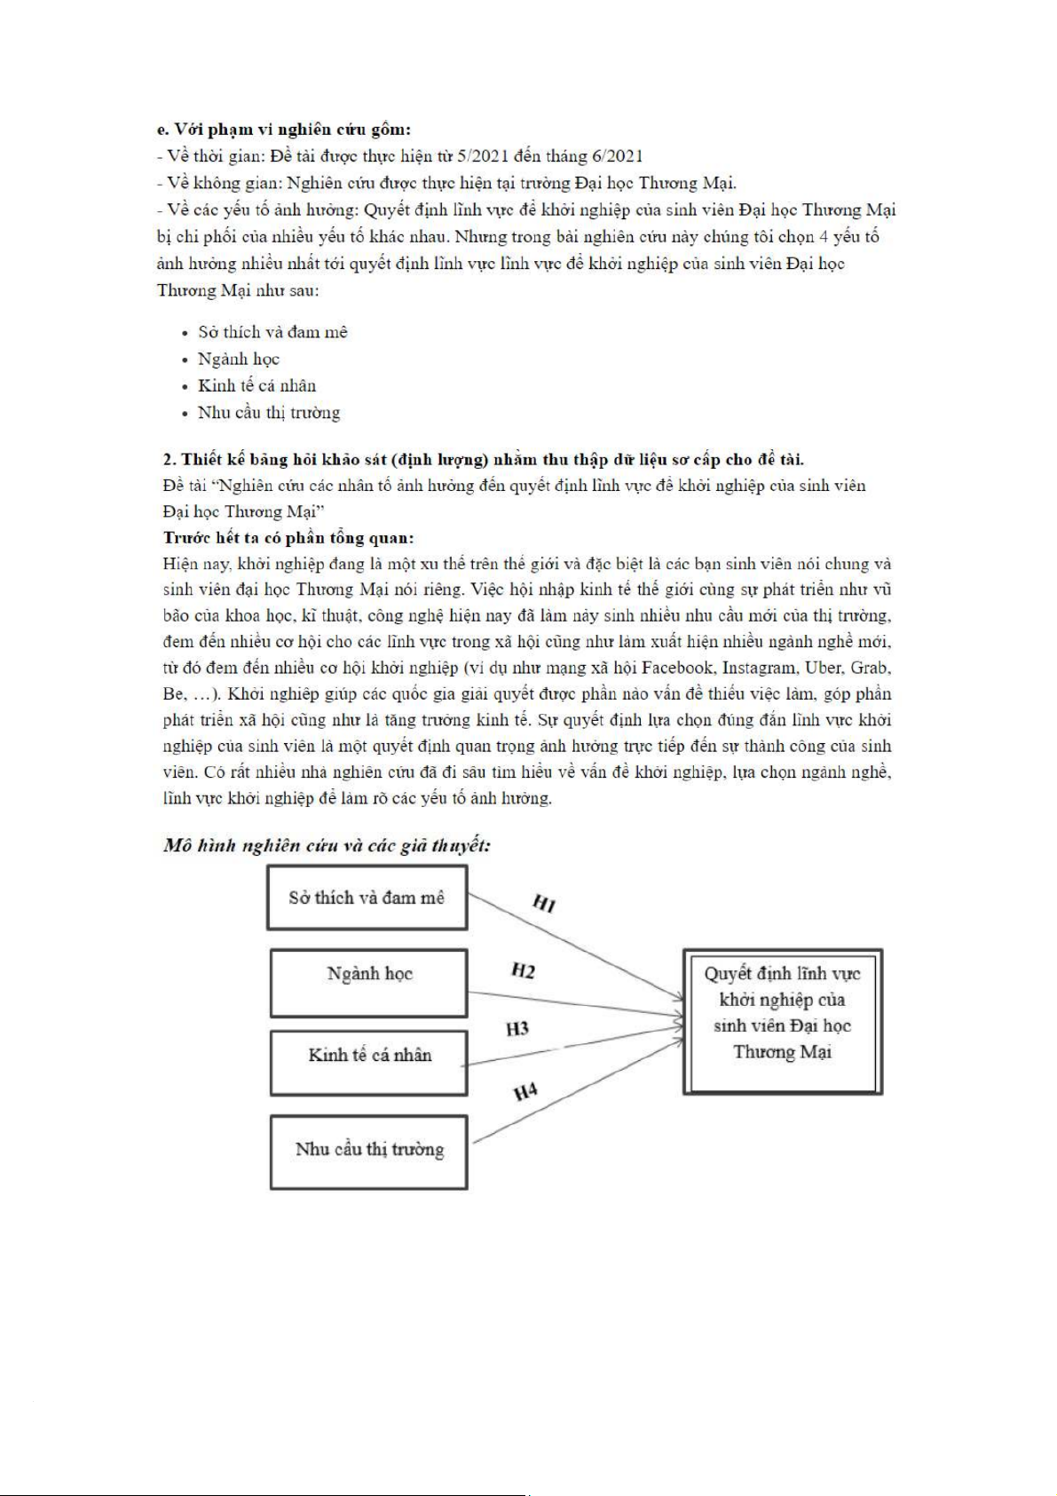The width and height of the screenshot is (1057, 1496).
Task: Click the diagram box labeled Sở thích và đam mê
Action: [x=367, y=898]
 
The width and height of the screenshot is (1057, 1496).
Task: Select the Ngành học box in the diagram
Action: [x=368, y=983]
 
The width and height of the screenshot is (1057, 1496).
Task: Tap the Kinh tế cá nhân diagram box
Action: [x=368, y=1062]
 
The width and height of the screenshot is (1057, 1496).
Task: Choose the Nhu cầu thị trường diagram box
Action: [x=368, y=1151]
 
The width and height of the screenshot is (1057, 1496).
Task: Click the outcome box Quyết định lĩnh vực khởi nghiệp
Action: [x=782, y=1021]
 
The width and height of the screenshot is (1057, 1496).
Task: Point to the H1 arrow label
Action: [x=544, y=904]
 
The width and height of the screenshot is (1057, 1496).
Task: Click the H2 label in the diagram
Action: [x=523, y=971]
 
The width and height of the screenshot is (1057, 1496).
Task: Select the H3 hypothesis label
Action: [x=517, y=1028]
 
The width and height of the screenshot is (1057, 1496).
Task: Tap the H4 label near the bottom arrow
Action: [x=525, y=1091]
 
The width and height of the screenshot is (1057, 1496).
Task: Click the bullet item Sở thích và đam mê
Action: [x=272, y=332]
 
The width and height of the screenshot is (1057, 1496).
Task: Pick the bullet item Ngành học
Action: [x=238, y=359]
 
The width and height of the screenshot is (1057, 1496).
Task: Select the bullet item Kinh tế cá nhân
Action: [x=256, y=385]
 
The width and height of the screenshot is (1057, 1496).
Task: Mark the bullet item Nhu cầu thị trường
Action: [x=268, y=412]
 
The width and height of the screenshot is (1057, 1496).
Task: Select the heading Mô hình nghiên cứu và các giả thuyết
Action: [x=327, y=845]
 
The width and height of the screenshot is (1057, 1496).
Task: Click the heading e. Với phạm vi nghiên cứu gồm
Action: [x=283, y=130]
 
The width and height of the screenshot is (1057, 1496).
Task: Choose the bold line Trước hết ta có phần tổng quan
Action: [x=288, y=537]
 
